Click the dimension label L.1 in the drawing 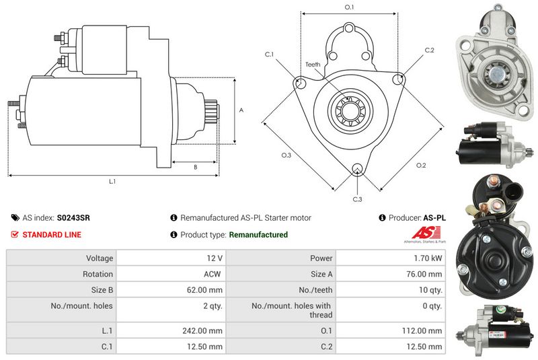(x=112, y=181)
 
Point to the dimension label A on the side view (x=241, y=110)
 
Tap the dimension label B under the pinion (x=195, y=167)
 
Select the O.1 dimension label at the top (x=349, y=7)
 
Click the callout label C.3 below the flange (x=357, y=199)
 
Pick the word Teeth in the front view (x=313, y=65)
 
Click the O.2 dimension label (x=421, y=165)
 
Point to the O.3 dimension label (x=285, y=155)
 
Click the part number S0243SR (x=74, y=218)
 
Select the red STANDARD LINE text (x=52, y=235)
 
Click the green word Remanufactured (x=258, y=235)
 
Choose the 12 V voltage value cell (x=215, y=258)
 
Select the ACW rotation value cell (x=213, y=274)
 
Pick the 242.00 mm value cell (x=206, y=330)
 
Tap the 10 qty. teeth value (x=428, y=290)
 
